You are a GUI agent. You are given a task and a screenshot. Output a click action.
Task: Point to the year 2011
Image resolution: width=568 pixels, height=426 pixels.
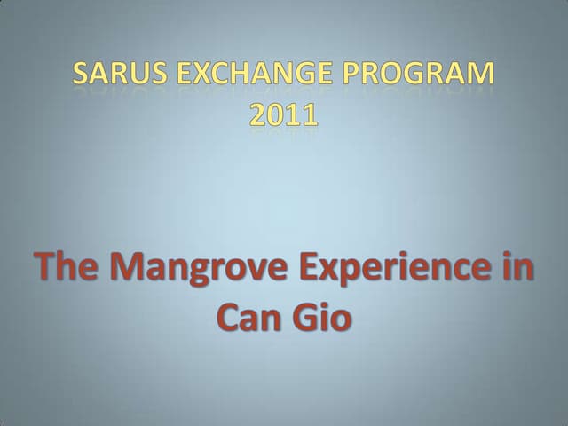coord(284,115)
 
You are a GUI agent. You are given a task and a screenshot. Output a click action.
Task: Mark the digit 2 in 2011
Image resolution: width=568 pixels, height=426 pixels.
coord(258,115)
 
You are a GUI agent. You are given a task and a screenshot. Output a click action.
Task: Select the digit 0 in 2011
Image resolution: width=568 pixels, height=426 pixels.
coord(277,115)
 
